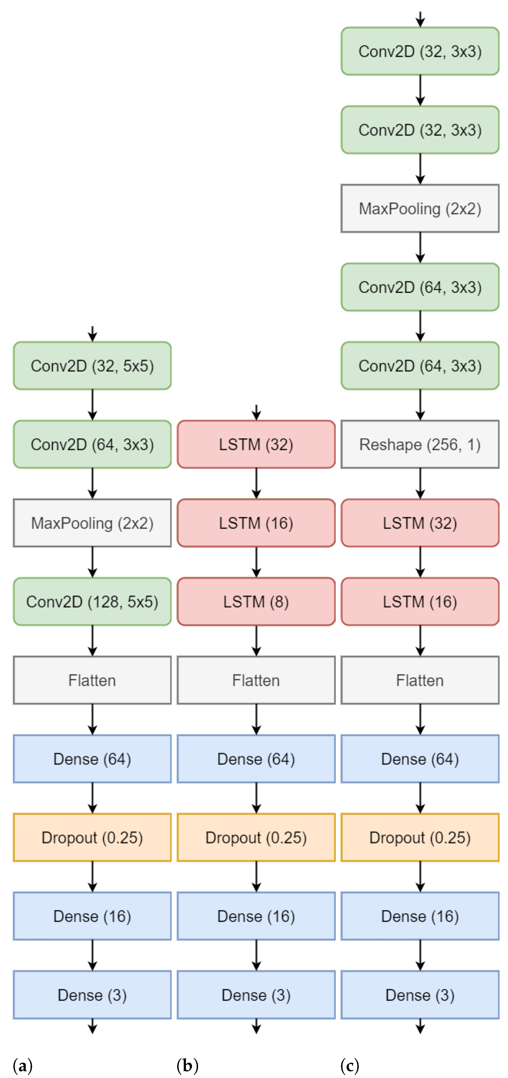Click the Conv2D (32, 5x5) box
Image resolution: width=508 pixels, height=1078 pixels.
coord(92,366)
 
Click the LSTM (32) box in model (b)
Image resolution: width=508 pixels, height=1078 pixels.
coord(256,444)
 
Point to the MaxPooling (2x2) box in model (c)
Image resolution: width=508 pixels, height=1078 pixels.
coord(420,208)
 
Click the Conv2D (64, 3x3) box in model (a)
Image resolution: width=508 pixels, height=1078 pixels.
coord(92,444)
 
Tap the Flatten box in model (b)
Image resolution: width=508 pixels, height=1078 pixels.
coord(256,680)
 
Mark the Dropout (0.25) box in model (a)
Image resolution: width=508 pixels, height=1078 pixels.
coord(92,837)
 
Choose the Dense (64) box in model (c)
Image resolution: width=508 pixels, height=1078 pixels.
coord(420,759)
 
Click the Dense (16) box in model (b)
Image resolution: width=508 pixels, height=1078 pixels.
coord(256,916)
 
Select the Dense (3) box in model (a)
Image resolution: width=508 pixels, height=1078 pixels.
coord(92,995)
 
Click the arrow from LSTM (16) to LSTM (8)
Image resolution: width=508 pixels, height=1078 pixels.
coord(256,562)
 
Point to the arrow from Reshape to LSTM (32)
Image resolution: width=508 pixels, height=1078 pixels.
coord(420,483)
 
